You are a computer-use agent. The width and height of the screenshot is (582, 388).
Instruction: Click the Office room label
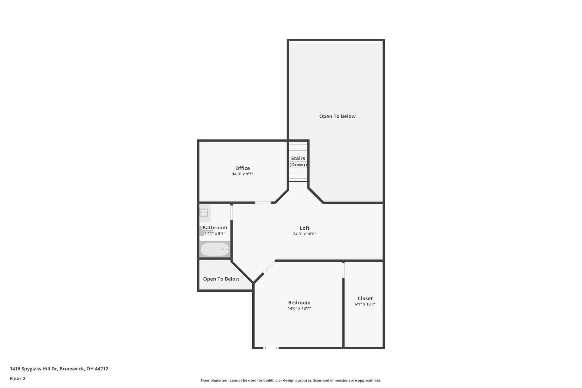coord(242,168)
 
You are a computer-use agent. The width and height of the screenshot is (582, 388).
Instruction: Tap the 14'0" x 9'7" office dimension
coord(242,174)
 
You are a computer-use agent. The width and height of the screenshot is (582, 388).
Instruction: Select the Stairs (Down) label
coord(298,161)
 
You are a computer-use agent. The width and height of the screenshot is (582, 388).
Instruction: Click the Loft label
coord(304,228)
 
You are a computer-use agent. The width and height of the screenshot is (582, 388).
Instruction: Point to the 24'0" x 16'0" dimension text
coord(304,234)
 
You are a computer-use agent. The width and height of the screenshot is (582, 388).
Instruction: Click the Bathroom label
coord(215,228)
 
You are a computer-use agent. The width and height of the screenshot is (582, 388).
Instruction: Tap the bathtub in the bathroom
coord(215,249)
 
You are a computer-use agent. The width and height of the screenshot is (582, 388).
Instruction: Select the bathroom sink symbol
coord(204,213)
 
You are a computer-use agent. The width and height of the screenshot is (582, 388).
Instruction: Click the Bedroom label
coord(299,302)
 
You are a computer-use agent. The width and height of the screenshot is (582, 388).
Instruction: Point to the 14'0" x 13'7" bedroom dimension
coord(299,308)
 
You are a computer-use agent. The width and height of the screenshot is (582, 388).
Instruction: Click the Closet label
coord(365,298)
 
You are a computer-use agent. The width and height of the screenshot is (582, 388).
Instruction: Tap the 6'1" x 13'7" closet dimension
coord(365,304)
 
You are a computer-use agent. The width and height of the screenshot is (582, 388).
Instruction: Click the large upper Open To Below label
coord(337,116)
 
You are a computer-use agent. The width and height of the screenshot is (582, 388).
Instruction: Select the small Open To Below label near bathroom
coord(221,279)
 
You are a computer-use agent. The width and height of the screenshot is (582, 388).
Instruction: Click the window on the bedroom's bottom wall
coord(271,348)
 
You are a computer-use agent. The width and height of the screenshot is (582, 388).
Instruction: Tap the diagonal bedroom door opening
coord(269,267)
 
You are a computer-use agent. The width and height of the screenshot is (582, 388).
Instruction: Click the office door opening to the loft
coord(263,203)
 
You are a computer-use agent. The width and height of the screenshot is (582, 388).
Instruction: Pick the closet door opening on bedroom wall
coord(343,270)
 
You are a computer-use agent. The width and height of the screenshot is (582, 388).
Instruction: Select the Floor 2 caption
coord(18,378)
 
